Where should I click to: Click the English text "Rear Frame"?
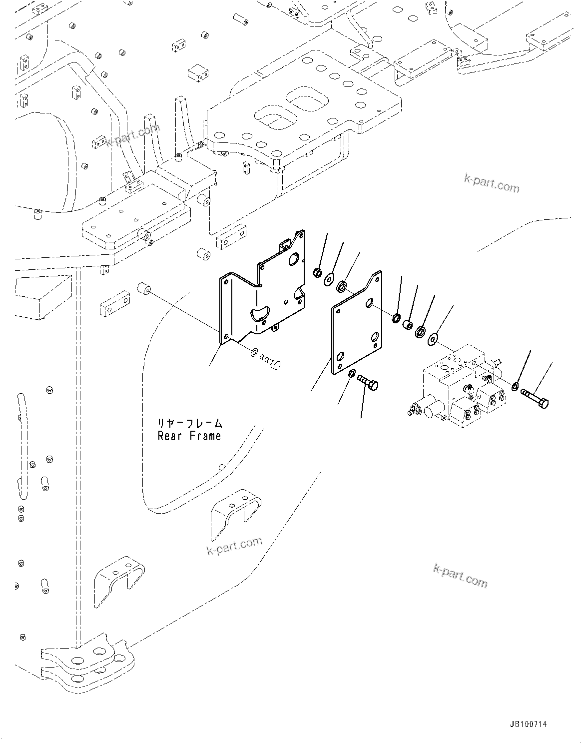click(x=189, y=436)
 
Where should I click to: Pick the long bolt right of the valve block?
click(x=535, y=397)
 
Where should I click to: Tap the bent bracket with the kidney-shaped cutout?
click(x=265, y=295)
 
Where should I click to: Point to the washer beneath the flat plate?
click(x=352, y=372)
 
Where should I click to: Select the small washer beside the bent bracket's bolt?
click(x=253, y=353)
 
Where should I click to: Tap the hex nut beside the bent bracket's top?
click(x=316, y=272)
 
